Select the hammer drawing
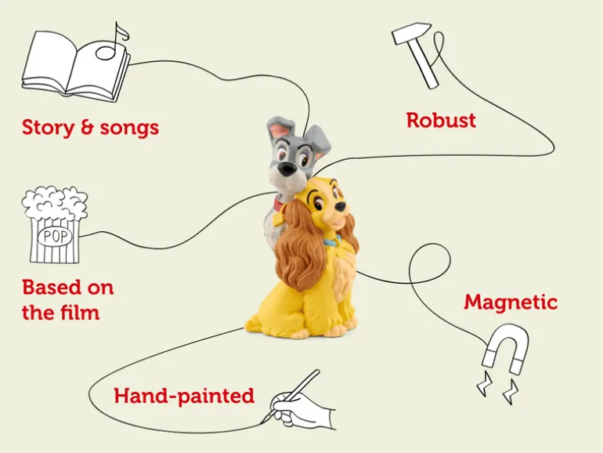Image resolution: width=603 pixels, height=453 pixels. point(414,54)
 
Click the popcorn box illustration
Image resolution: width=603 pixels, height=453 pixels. point(55,225)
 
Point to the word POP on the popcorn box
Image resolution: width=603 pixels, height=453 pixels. point(56,236)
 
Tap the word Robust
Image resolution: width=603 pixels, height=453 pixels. point(441,121)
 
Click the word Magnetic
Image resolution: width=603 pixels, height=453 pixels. point(511,303)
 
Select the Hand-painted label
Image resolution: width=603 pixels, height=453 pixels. point(184,396)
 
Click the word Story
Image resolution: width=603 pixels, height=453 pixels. point(48,128)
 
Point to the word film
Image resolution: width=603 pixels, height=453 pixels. point(80,312)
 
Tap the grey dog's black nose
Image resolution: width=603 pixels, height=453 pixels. point(287,168)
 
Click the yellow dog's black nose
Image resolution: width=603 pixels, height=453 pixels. point(340,206)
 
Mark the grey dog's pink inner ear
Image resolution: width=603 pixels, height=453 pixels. point(277,131)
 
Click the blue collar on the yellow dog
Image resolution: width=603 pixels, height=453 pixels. point(333,242)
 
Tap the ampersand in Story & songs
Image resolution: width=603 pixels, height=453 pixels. point(87,128)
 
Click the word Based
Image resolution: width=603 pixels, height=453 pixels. point(45,288)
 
